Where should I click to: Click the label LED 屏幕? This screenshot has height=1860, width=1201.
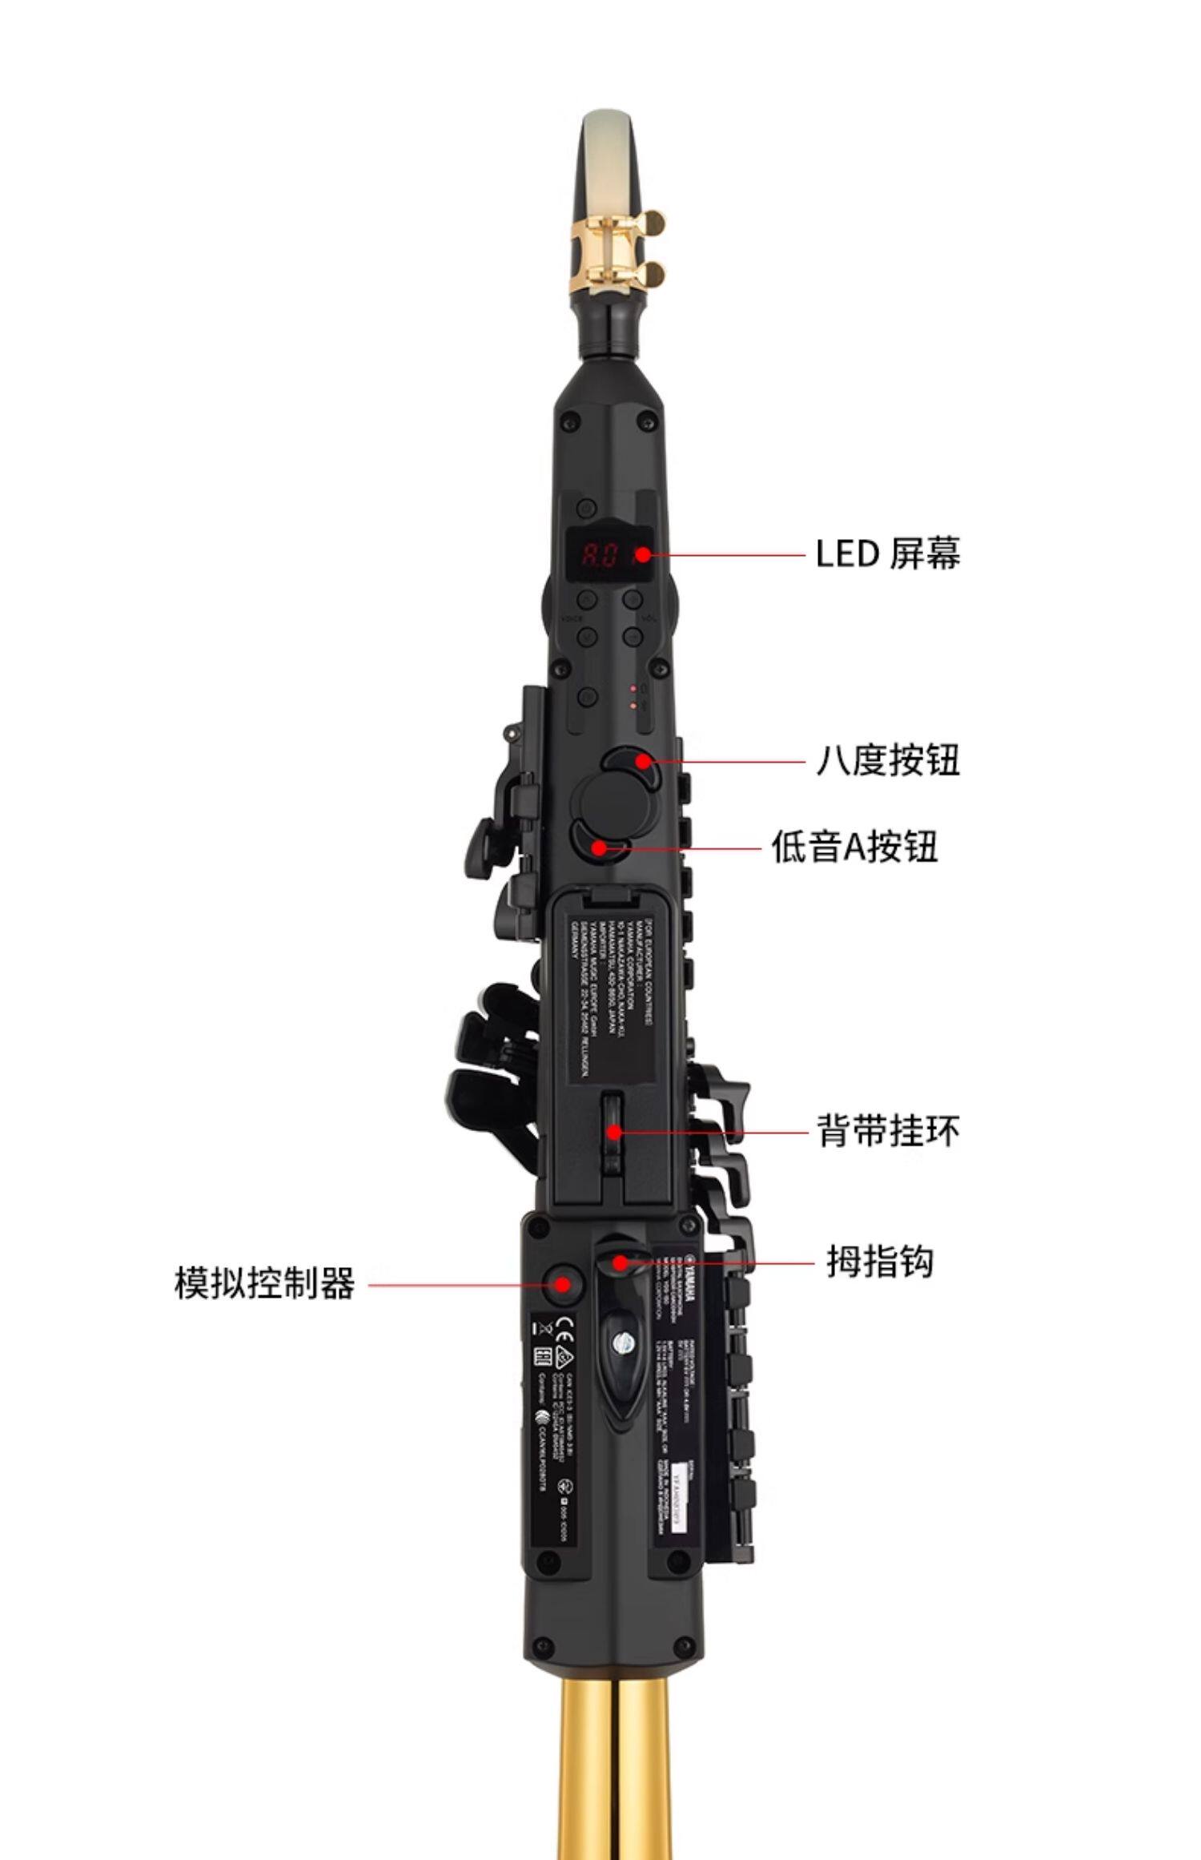pyautogui.click(x=887, y=554)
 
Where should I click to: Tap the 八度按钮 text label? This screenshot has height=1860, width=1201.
pyautogui.click(x=887, y=759)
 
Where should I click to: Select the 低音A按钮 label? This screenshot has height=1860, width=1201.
pyautogui.click(x=854, y=847)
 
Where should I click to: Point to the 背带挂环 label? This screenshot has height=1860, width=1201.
pyautogui.click(x=888, y=1131)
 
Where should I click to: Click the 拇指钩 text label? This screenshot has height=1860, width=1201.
pyautogui.click(x=880, y=1263)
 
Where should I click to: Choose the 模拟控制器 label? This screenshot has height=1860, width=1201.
pyautogui.click(x=264, y=1283)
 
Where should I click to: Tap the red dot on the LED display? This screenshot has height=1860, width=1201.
pyautogui.click(x=642, y=554)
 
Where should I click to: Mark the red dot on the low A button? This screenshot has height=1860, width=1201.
pyautogui.click(x=598, y=847)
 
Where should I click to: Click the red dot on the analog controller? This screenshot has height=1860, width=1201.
pyautogui.click(x=563, y=1284)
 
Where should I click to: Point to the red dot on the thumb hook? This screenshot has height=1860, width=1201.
pyautogui.click(x=619, y=1263)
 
